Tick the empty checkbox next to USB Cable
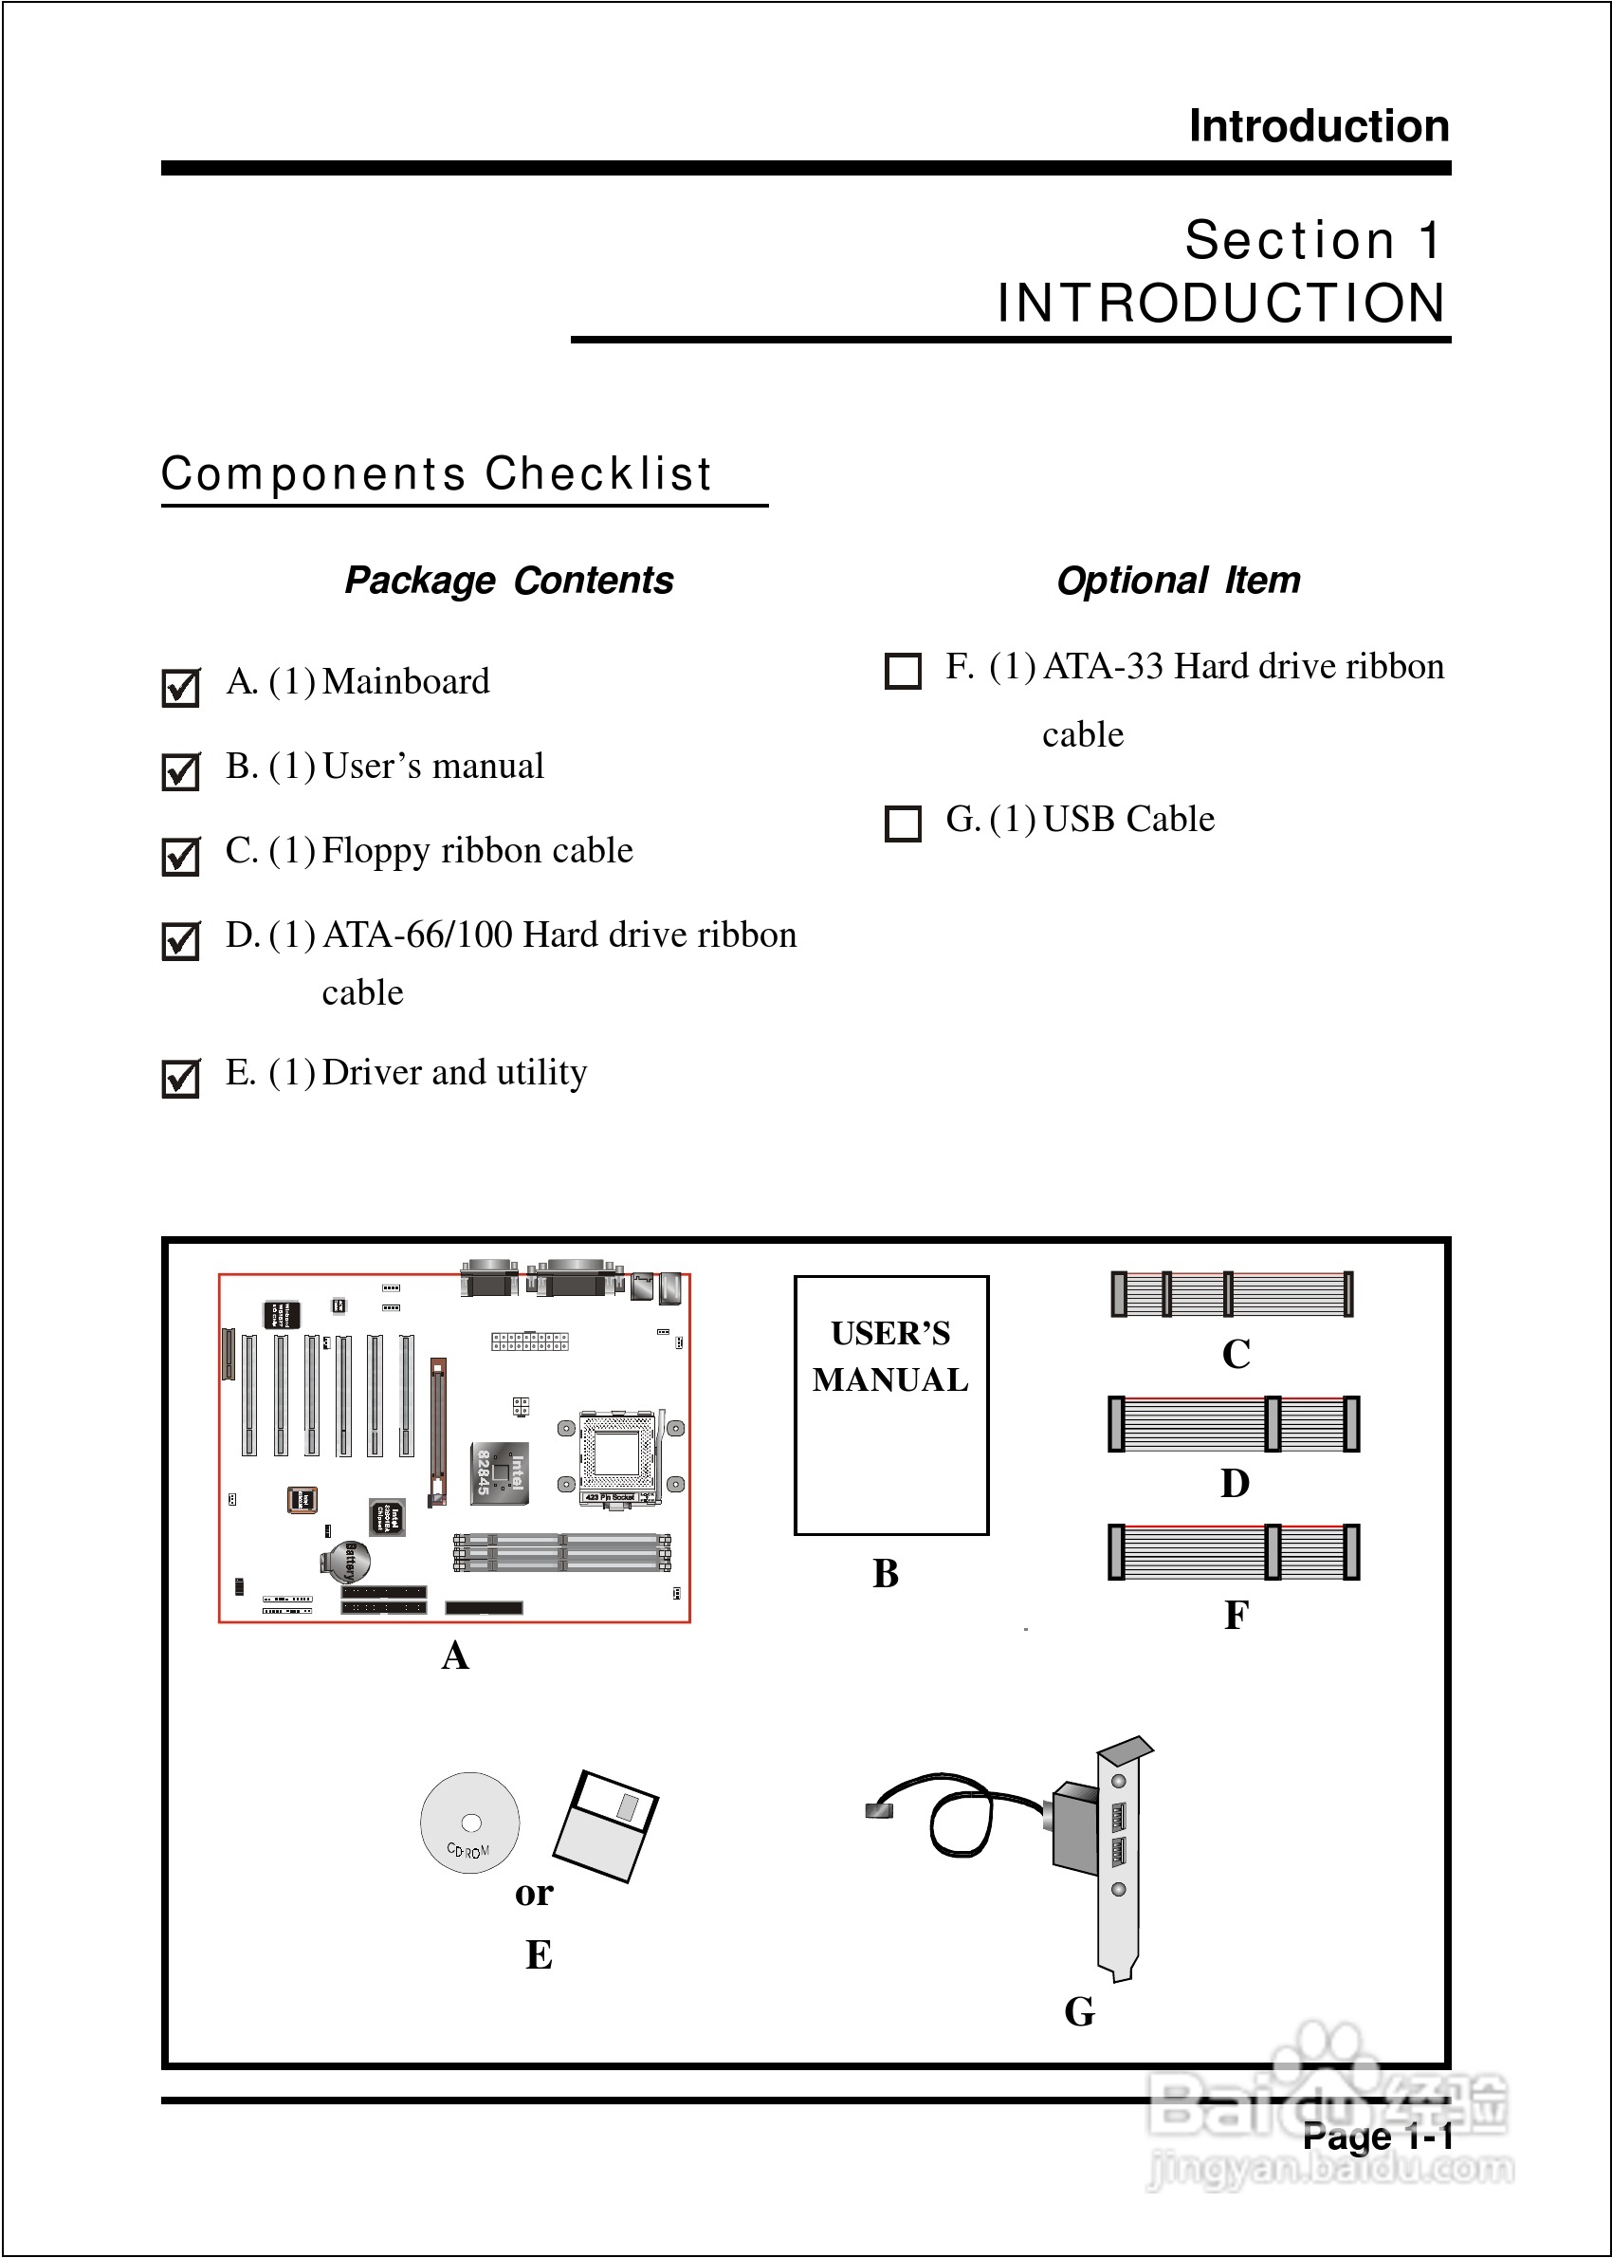903,824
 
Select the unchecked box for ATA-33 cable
903,670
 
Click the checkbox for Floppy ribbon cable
181,856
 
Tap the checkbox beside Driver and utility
181,1078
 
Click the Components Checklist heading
437,473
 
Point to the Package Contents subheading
508,581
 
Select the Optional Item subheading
1179,581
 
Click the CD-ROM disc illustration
469,1823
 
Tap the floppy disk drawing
606,1826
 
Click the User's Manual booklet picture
890,1405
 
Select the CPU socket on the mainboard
618,1455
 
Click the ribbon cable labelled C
1231,1294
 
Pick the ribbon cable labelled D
1233,1423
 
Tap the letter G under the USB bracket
1079,2011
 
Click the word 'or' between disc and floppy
534,1894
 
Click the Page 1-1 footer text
1378,2136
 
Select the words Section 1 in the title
1312,240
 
